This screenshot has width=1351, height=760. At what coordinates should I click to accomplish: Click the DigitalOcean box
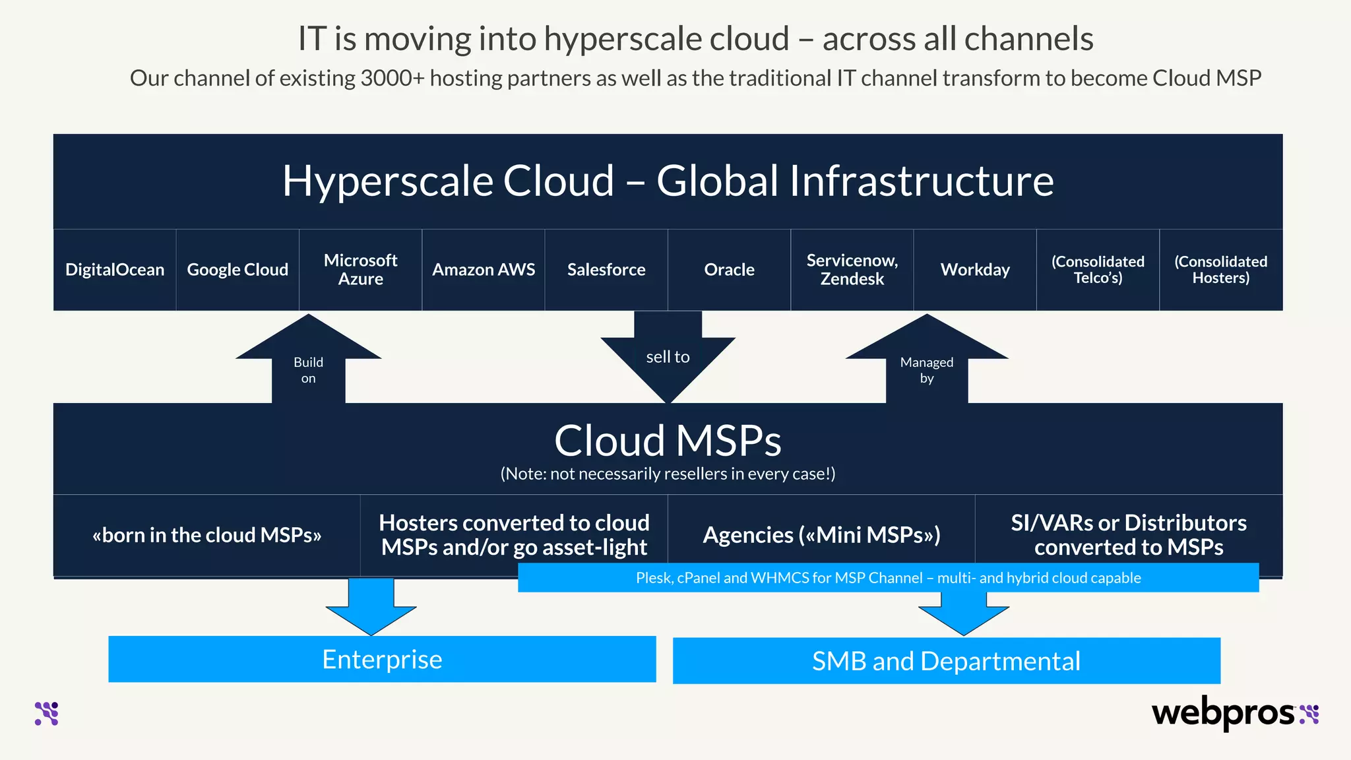[115, 270]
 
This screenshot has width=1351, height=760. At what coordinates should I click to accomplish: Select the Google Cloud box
[237, 270]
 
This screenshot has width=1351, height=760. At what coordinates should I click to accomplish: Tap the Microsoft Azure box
[360, 270]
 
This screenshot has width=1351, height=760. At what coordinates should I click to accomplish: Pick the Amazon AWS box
[484, 270]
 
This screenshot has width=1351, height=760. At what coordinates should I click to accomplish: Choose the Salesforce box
[606, 270]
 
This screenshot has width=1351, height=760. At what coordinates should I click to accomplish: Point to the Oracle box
[729, 270]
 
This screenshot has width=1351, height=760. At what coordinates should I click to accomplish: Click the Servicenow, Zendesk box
[852, 270]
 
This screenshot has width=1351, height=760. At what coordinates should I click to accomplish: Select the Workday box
[975, 270]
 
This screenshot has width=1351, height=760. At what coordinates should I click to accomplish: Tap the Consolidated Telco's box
[1098, 270]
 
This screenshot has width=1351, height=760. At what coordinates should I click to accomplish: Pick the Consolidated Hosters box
[1221, 270]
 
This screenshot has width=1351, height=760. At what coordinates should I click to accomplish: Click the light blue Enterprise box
[382, 659]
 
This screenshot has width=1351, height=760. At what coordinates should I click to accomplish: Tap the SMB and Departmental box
[946, 661]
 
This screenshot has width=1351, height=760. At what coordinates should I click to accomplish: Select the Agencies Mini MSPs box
[821, 535]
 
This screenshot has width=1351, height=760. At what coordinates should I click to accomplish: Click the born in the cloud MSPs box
[206, 535]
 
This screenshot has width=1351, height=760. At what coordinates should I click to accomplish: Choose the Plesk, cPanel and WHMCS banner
[888, 578]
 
